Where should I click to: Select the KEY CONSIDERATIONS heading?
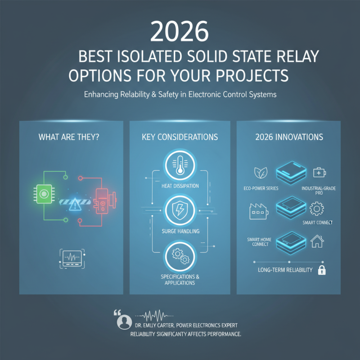180,136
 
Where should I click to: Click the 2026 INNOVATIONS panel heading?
288,136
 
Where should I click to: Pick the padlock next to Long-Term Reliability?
322,270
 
